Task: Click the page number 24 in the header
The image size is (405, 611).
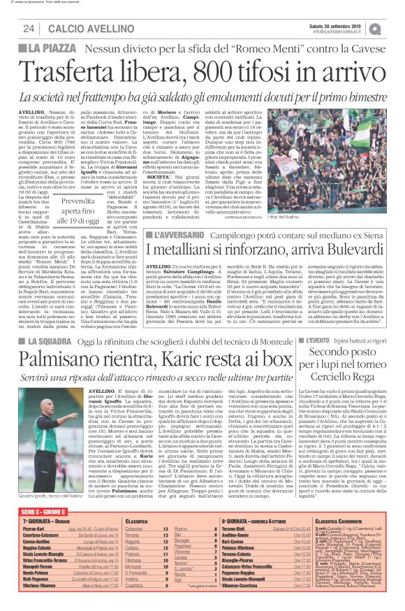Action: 29,28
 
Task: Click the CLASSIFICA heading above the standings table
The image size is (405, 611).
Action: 139,522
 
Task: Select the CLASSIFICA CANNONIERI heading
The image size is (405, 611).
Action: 343,522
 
